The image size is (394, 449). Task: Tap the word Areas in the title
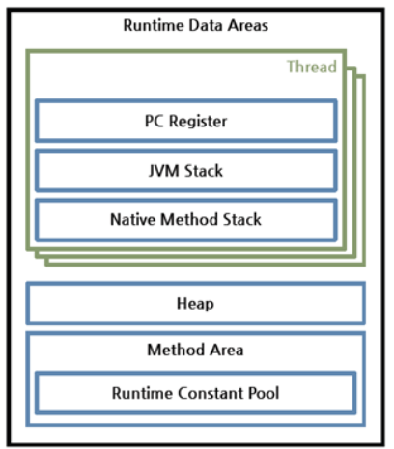248,25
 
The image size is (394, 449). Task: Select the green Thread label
312,67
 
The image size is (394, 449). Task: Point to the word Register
198,122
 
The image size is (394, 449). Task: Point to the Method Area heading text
195,350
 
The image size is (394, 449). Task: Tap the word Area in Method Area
227,350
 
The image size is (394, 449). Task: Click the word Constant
210,393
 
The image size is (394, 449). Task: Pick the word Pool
264,393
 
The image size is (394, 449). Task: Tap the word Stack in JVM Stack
204,170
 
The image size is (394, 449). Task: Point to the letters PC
155,121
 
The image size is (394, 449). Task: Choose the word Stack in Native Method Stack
242,219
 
